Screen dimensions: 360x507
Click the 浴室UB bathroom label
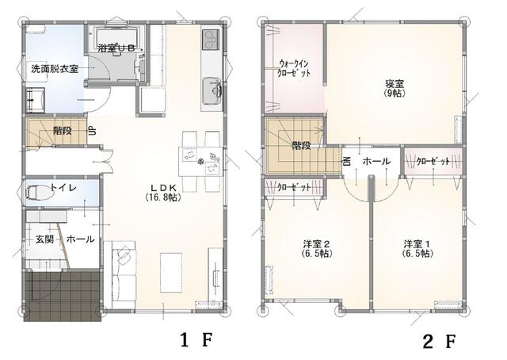120,48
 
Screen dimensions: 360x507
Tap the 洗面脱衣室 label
55,69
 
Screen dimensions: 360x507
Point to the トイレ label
63,189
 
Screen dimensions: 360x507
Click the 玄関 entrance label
44,239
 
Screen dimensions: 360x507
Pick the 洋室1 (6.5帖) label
416,248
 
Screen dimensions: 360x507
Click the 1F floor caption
196,341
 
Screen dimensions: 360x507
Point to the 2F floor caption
438,342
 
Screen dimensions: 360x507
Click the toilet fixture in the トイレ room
37,192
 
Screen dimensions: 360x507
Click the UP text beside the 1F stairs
92,131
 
